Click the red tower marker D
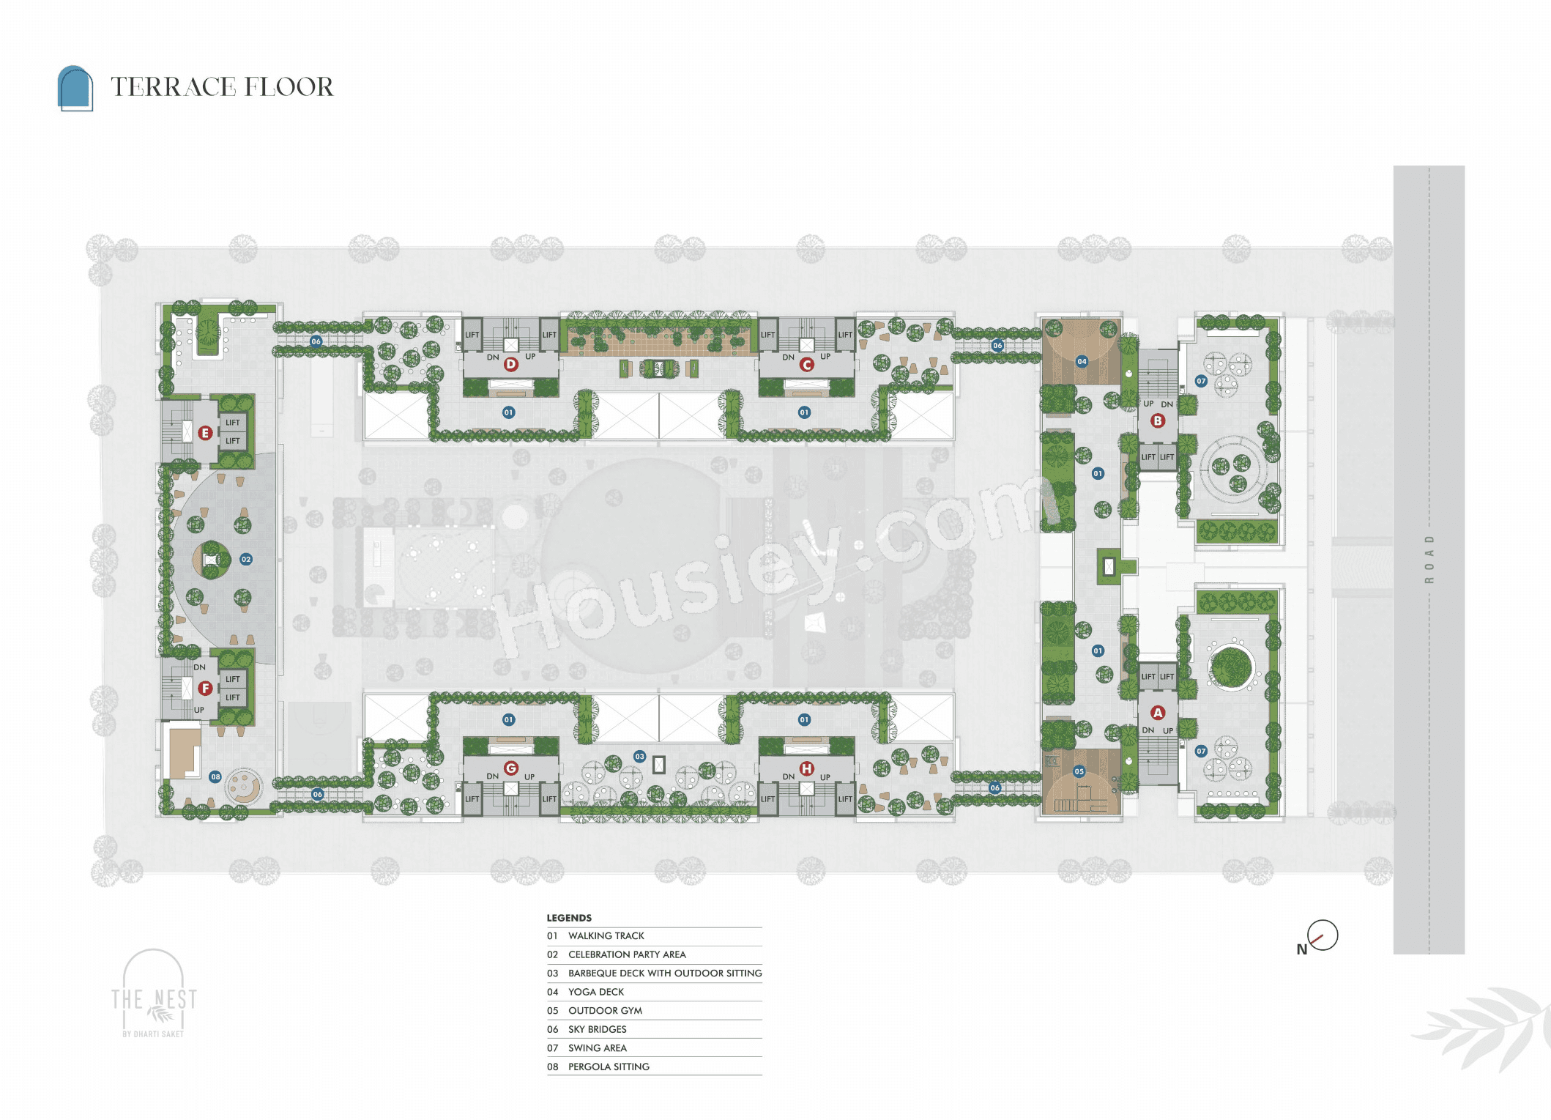pyautogui.click(x=511, y=364)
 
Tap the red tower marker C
pyautogui.click(x=807, y=364)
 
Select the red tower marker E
pyautogui.click(x=205, y=433)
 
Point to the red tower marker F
pyautogui.click(x=205, y=689)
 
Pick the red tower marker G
pyautogui.click(x=511, y=768)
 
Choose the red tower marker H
pyautogui.click(x=807, y=768)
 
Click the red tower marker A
pyautogui.click(x=1158, y=713)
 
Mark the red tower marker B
pyautogui.click(x=1158, y=420)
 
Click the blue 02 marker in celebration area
pyautogui.click(x=246, y=559)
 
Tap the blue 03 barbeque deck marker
pyautogui.click(x=640, y=756)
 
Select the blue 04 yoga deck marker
pyautogui.click(x=1082, y=361)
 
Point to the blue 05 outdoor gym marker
pyautogui.click(x=1079, y=771)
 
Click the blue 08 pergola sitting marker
pyautogui.click(x=215, y=776)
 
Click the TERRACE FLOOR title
pyautogui.click(x=222, y=87)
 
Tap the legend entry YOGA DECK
pyautogui.click(x=596, y=992)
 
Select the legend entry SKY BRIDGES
pyautogui.click(x=597, y=1029)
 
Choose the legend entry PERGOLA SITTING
pyautogui.click(x=609, y=1067)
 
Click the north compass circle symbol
pyautogui.click(x=1323, y=935)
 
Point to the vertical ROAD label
pyautogui.click(x=1429, y=560)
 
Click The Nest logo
pyautogui.click(x=154, y=994)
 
